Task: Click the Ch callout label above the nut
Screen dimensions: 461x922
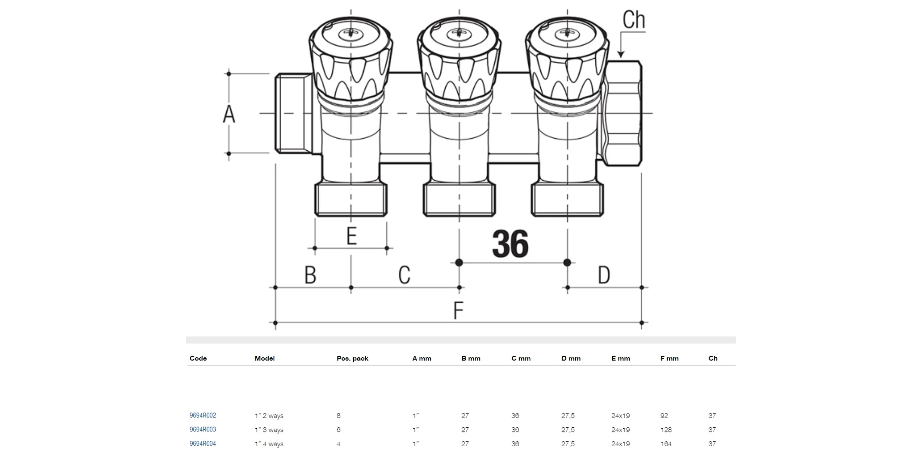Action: (633, 20)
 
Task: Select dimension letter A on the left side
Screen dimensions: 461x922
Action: (229, 114)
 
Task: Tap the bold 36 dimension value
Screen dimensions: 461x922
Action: (510, 244)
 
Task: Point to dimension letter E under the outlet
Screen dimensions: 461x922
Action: (351, 236)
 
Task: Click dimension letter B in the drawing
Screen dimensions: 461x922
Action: (310, 275)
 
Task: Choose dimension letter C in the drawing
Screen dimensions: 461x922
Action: (404, 275)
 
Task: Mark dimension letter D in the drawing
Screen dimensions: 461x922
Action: (603, 275)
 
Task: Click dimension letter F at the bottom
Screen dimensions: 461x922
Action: (458, 311)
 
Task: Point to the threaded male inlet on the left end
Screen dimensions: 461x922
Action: (293, 113)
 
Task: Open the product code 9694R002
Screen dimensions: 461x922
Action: (203, 415)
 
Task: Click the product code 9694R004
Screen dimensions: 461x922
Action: (203, 444)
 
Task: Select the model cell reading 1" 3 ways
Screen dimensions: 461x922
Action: (269, 430)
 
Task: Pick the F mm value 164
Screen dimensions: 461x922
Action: (666, 444)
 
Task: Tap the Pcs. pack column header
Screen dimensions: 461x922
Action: (352, 359)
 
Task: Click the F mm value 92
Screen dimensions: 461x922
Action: (664, 416)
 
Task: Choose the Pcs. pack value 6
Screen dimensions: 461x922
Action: (339, 430)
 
